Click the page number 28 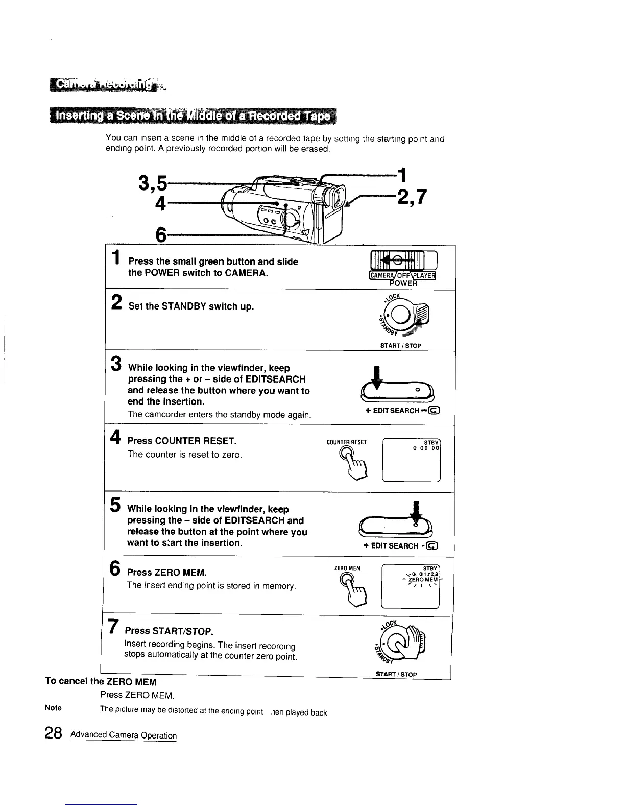coord(53,734)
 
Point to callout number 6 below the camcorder coord(161,235)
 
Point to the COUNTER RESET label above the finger coord(346,442)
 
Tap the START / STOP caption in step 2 coord(400,346)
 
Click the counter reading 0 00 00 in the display coord(426,448)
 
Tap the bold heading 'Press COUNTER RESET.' coord(181,441)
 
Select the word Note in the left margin coord(53,708)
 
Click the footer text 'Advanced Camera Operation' coord(124,735)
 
